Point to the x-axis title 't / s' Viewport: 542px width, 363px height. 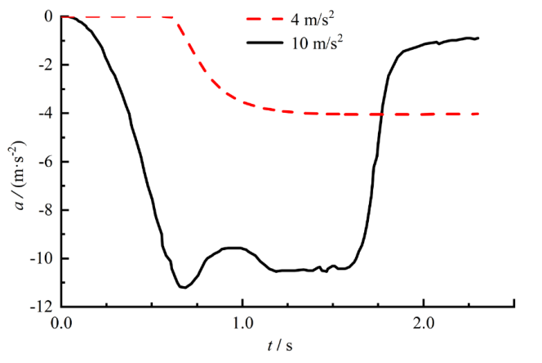(279, 346)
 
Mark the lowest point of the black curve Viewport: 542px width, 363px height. (184, 287)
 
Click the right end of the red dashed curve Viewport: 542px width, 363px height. (478, 114)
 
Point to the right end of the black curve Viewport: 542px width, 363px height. (478, 38)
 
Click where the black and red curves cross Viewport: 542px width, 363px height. (380, 114)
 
